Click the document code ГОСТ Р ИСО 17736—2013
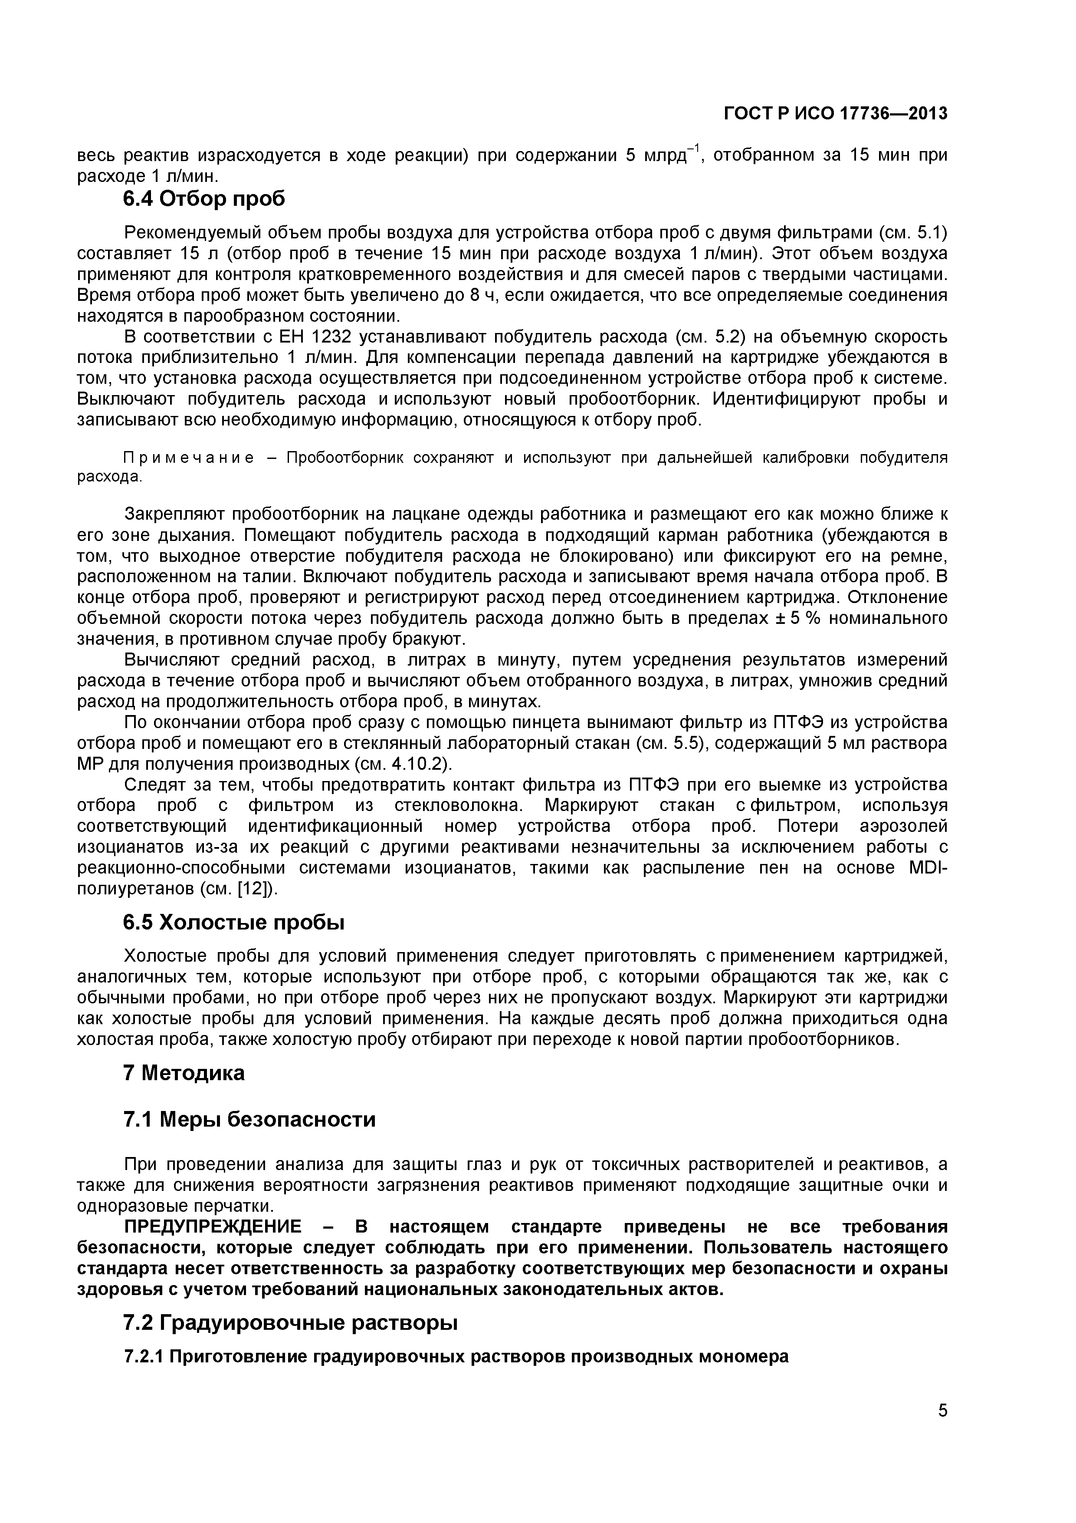click(x=835, y=114)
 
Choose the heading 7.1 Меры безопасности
click(x=249, y=1120)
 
